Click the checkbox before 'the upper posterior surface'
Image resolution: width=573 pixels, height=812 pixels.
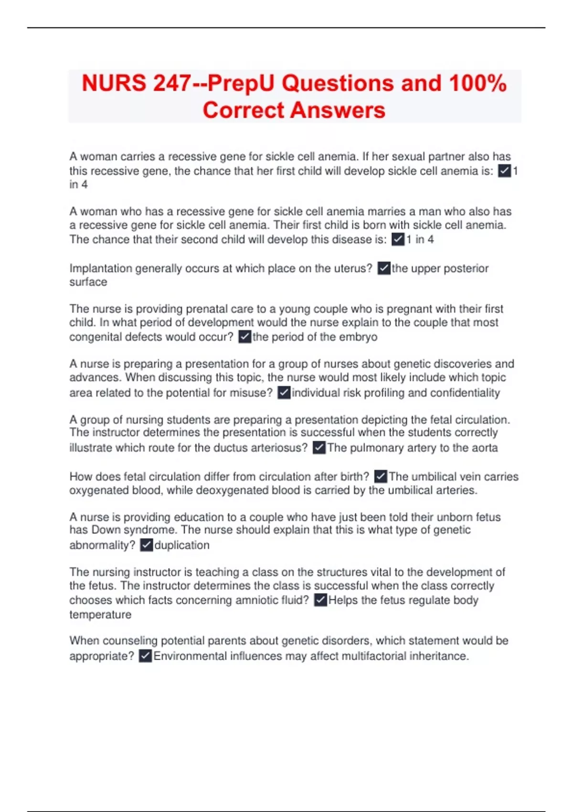[384, 268]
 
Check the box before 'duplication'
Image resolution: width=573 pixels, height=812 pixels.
[147, 545]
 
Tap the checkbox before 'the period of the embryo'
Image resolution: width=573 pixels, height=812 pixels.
[244, 337]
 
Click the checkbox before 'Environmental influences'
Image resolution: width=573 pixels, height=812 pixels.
[145, 656]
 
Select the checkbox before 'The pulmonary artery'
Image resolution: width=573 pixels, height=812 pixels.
[319, 448]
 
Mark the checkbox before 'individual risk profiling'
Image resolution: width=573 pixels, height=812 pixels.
[284, 393]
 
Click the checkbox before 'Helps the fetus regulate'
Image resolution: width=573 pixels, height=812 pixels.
[320, 600]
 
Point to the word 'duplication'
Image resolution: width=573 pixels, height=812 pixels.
[182, 545]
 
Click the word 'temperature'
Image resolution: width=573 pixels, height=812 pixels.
[100, 614]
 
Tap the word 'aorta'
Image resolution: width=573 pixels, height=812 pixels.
[485, 448]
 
